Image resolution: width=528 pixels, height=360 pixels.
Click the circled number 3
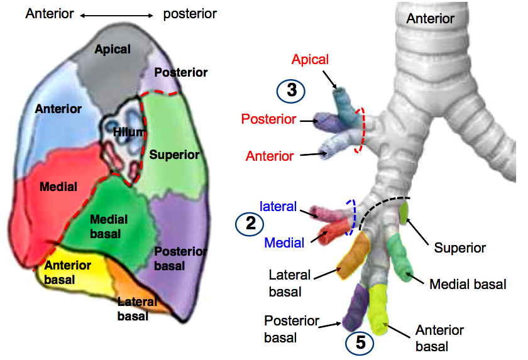[291, 91]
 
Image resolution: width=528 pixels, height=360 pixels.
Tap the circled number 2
[250, 224]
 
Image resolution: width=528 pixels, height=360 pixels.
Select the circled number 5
[360, 343]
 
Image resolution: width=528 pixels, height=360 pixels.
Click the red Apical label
[310, 60]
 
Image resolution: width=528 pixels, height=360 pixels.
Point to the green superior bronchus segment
[404, 212]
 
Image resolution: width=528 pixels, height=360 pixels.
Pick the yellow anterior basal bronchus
[378, 310]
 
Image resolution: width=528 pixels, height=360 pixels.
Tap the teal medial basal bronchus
[399, 258]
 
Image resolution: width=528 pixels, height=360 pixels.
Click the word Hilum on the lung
[129, 132]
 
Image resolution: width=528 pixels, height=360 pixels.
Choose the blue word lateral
[278, 206]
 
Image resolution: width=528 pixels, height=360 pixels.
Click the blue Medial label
[284, 243]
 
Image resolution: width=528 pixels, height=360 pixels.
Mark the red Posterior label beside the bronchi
[269, 119]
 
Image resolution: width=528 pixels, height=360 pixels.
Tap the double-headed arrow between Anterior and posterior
[116, 16]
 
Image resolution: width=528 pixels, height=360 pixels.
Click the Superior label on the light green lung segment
[175, 155]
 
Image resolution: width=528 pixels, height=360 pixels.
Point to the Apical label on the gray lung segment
[113, 50]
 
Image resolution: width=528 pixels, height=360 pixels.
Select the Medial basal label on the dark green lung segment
[109, 226]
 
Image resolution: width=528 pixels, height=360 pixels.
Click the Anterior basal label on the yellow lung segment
[67, 273]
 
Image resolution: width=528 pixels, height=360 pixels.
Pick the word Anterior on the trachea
[431, 18]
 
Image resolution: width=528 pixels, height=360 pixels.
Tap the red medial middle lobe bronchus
[333, 231]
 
